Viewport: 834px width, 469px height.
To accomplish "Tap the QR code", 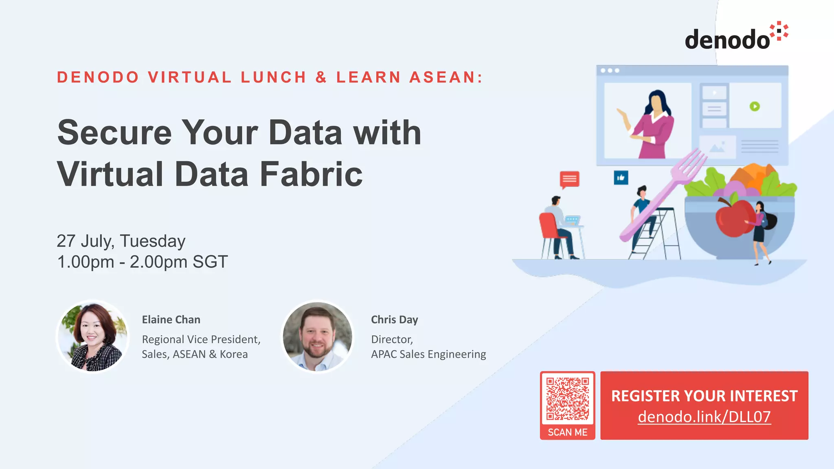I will [567, 399].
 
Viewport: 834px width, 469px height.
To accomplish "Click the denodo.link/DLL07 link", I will [704, 417].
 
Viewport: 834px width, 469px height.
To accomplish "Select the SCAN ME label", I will [567, 432].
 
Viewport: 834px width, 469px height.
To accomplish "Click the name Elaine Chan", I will [171, 320].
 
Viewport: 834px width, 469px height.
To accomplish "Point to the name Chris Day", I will [394, 320].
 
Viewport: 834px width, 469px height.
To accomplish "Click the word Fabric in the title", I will [311, 174].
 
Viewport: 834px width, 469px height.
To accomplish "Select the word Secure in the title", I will [114, 133].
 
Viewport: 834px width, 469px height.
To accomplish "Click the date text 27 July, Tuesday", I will [121, 241].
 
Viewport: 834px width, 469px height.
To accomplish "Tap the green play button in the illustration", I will [755, 106].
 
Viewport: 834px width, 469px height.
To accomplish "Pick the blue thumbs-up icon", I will [621, 178].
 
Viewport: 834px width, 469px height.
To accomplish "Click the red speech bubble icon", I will [569, 179].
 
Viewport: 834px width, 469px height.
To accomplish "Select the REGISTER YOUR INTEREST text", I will [704, 396].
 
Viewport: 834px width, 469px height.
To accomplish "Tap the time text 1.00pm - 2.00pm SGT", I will [142, 262].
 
